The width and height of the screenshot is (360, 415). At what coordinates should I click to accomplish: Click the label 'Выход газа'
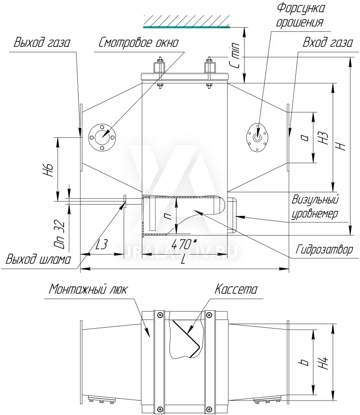click(42, 42)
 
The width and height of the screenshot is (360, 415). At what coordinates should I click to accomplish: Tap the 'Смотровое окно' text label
click(139, 42)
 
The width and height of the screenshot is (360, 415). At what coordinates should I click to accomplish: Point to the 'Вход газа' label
click(327, 42)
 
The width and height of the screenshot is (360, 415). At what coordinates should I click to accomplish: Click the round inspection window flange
click(102, 137)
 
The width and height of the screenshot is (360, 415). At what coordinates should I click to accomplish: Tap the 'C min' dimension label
click(235, 55)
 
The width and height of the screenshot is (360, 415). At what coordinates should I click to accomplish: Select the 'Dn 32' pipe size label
click(60, 234)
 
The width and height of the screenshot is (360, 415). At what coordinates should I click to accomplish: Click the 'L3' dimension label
click(101, 244)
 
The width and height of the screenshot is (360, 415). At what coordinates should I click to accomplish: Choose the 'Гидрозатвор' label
click(324, 249)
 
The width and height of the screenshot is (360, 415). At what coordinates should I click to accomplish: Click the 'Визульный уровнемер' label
click(315, 207)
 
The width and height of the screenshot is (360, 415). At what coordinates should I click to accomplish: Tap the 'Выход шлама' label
click(38, 260)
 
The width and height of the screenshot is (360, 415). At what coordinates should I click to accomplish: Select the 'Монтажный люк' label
click(88, 289)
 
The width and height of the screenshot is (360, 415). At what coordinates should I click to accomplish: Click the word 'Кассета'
click(235, 289)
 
